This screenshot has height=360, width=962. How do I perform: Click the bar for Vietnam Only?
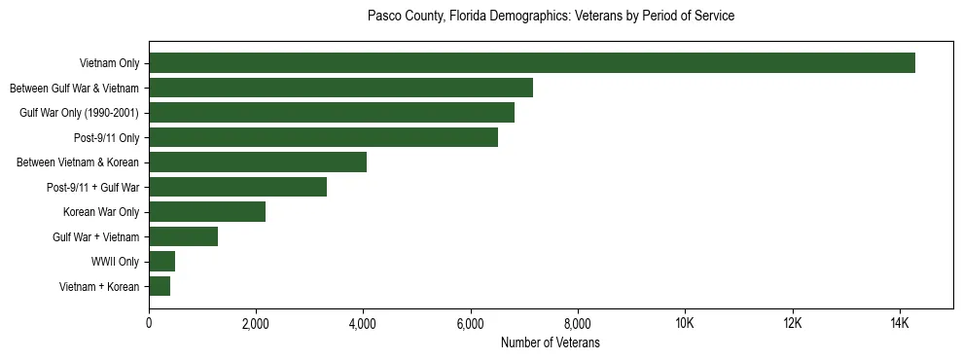pyautogui.click(x=532, y=63)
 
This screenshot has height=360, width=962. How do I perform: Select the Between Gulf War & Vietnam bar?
pyautogui.click(x=340, y=88)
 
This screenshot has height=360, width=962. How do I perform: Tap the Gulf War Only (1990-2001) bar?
pyautogui.click(x=332, y=113)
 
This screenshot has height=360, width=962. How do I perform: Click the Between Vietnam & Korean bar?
pyautogui.click(x=258, y=162)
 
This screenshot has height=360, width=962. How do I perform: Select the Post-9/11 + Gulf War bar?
pyautogui.click(x=237, y=187)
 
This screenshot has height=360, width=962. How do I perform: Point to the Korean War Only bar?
pyautogui.click(x=207, y=212)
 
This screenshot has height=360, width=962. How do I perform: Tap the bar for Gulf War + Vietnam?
pyautogui.click(x=183, y=236)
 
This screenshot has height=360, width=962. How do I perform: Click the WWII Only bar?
pyautogui.click(x=161, y=262)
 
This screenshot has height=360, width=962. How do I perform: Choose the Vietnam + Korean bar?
pyautogui.click(x=160, y=286)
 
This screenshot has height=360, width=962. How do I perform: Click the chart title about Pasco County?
pyautogui.click(x=551, y=17)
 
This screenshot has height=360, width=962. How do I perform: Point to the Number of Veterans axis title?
pyautogui.click(x=551, y=343)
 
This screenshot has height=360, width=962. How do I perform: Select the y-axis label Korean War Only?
pyautogui.click(x=101, y=212)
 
